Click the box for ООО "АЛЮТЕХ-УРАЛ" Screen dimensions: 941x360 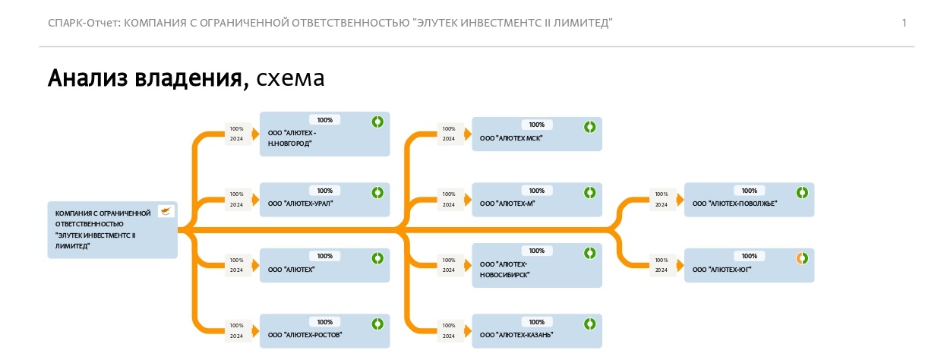(325, 200)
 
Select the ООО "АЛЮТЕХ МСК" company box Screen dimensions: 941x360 (537, 134)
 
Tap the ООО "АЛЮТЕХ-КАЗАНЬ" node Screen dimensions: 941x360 (537, 331)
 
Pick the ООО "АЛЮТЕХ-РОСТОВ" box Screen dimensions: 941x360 (325, 331)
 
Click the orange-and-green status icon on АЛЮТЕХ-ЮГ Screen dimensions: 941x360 (802, 258)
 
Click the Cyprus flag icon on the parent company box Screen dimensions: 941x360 (166, 211)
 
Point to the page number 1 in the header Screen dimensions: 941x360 (904, 23)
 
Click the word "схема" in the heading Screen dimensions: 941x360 (290, 78)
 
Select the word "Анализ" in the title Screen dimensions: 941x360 (87, 78)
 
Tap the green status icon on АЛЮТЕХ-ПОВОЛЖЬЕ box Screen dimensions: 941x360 (802, 193)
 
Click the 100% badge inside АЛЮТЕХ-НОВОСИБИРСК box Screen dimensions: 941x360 (537, 251)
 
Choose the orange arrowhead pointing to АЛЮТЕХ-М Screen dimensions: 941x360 (468, 200)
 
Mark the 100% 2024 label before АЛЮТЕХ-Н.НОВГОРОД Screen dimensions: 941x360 (236, 134)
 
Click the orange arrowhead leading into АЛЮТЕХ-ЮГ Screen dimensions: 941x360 (680, 266)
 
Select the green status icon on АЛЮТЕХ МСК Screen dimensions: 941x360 (590, 127)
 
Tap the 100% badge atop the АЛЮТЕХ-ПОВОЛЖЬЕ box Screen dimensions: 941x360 (750, 191)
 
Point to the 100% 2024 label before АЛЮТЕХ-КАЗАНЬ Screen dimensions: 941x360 (449, 330)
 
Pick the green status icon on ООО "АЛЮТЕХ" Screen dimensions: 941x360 (377, 258)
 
